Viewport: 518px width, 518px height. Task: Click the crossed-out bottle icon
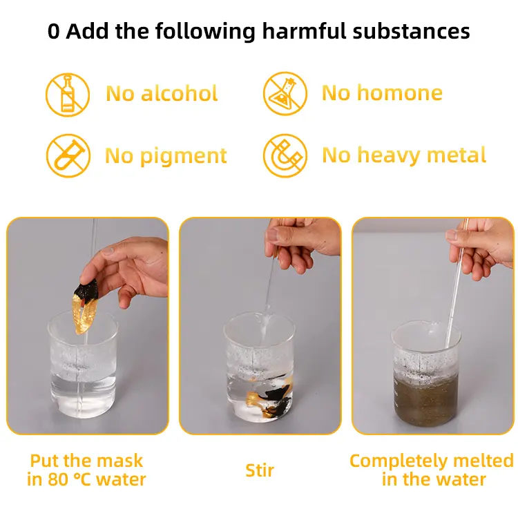[x=68, y=95]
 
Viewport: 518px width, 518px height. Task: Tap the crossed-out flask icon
[x=285, y=93]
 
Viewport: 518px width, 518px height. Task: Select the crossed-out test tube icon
[x=68, y=155]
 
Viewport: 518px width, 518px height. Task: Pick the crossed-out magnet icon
[x=285, y=155]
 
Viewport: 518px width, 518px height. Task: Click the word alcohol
[x=180, y=93]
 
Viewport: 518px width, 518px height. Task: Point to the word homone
[x=400, y=93]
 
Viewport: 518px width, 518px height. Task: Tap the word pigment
[x=183, y=156]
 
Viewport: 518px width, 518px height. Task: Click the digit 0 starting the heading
[x=54, y=32]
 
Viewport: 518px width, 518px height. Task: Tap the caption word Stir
[x=260, y=470]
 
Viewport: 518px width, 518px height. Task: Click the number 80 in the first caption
[x=58, y=480]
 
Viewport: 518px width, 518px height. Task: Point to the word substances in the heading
[x=412, y=31]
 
